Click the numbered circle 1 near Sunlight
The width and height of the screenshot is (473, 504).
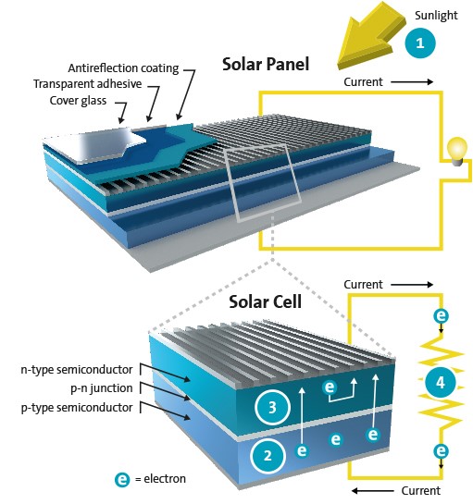[418, 42]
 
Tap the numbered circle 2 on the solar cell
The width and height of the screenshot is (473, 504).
[267, 454]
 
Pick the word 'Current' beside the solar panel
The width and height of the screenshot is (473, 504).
[363, 83]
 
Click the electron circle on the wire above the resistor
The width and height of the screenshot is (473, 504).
[442, 316]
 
